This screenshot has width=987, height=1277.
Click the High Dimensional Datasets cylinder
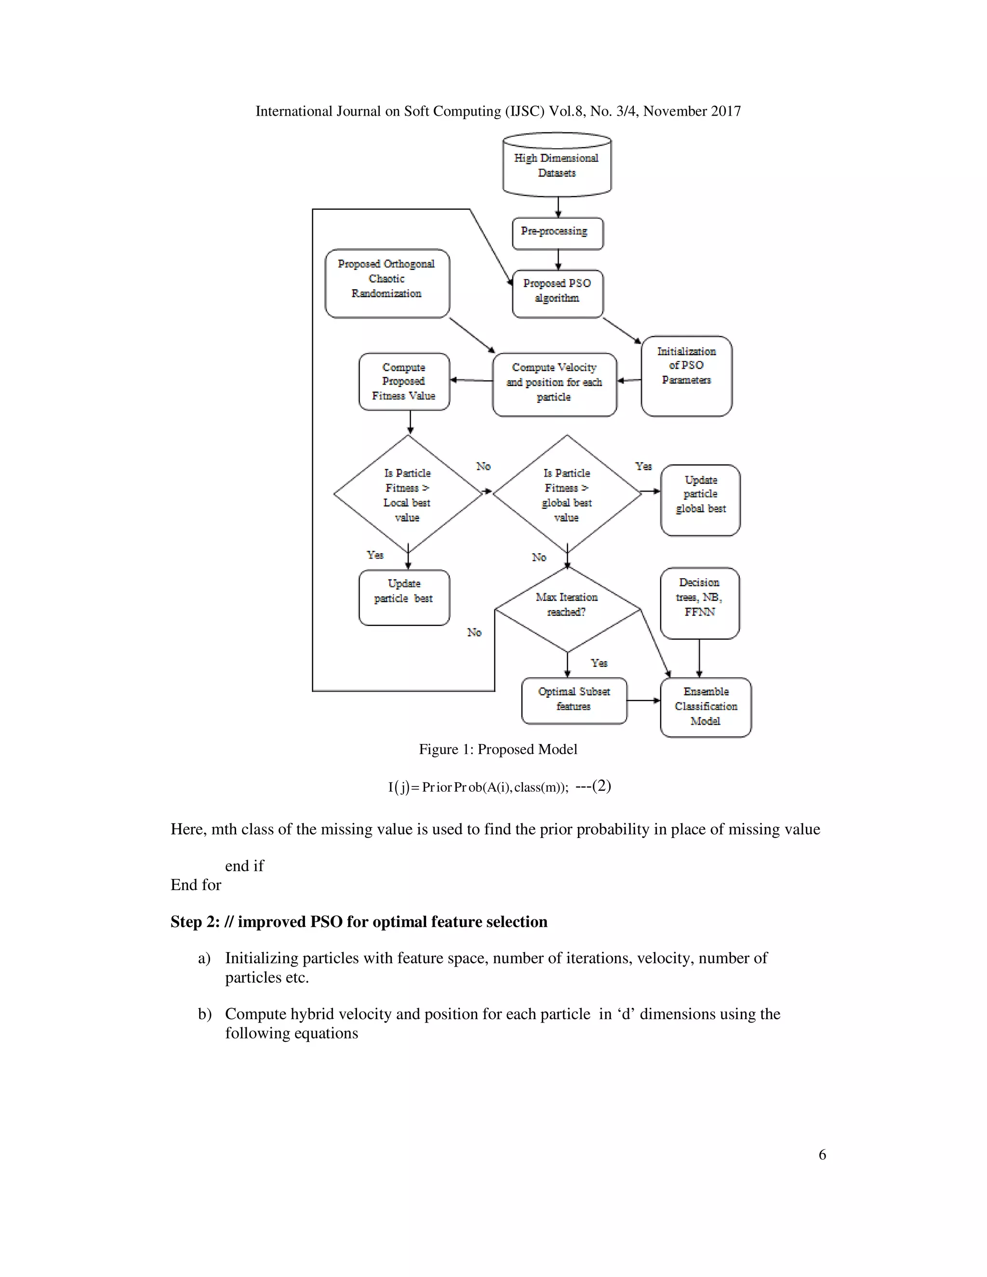tap(557, 165)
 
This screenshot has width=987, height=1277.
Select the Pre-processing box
tap(557, 233)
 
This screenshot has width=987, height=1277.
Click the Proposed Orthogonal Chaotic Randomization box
tap(387, 283)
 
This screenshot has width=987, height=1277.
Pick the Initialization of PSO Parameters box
tap(686, 375)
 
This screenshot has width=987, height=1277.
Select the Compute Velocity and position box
tap(554, 384)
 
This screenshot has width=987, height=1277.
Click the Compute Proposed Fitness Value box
tap(404, 381)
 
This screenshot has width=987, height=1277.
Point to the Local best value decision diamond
tap(408, 494)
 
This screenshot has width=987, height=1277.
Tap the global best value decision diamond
tap(567, 494)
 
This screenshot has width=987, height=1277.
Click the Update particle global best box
tap(700, 500)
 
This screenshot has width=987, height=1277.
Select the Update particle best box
tap(404, 597)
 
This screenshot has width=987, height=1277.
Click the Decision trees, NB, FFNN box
tap(699, 602)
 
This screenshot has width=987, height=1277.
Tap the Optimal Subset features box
tap(574, 701)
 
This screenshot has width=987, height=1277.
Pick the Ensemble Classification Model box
tap(706, 707)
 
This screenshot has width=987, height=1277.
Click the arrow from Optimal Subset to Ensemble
tap(643, 700)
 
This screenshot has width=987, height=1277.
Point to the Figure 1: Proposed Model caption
tap(497, 750)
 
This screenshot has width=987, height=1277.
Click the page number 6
tap(822, 1155)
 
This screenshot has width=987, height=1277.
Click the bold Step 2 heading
tap(359, 922)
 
